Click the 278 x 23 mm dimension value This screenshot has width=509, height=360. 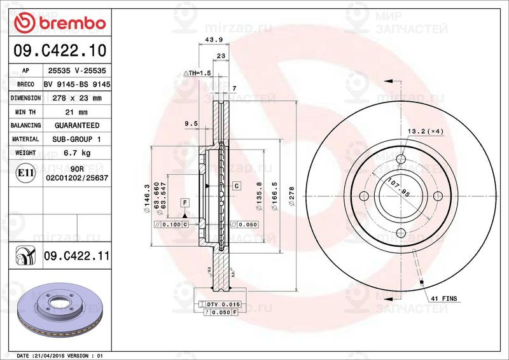72,98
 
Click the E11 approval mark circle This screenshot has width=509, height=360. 25,172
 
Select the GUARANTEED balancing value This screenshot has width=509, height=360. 76,125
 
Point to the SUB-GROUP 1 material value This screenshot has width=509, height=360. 76,139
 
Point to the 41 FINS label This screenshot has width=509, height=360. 444,298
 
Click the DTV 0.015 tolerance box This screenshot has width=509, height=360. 216,305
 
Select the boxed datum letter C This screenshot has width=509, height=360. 236,186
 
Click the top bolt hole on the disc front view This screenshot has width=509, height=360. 401,159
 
